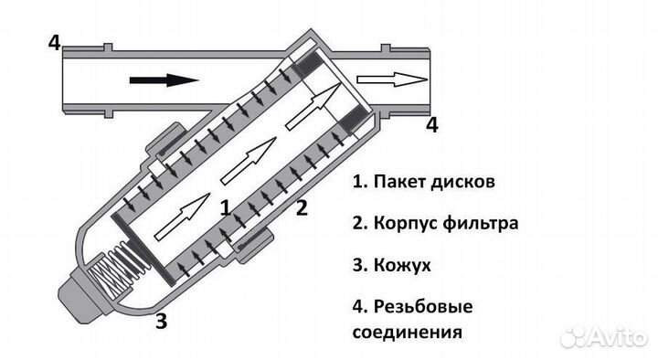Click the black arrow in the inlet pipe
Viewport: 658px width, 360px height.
click(164, 80)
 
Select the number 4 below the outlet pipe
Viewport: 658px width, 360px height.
click(432, 125)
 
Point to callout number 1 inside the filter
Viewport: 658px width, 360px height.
click(225, 206)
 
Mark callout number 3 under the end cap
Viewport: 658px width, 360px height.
click(161, 321)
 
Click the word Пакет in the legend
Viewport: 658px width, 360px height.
click(398, 181)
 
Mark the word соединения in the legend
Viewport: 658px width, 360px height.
click(403, 330)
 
